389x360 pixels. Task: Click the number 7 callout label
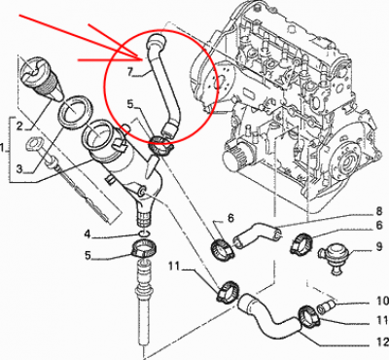[129, 72]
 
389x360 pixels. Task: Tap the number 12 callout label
[382, 342]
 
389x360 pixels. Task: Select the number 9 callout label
[379, 247]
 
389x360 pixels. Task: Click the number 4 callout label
[88, 234]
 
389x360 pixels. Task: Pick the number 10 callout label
[383, 301]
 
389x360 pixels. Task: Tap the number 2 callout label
[19, 126]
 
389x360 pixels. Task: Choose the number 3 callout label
[20, 168]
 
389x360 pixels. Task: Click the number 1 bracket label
[3, 149]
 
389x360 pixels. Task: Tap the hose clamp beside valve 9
[301, 242]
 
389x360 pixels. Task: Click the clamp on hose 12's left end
[228, 290]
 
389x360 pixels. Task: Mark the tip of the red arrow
[143, 59]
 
